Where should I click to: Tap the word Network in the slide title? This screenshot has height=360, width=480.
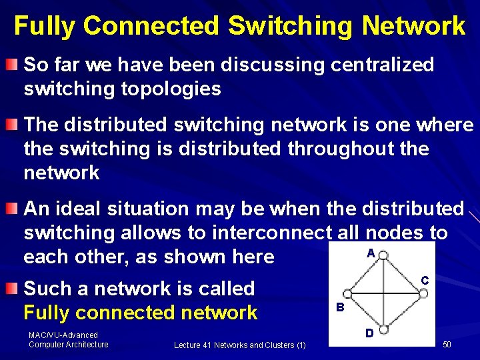pyautogui.click(x=413, y=26)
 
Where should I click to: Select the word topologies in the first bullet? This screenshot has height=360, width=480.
pyautogui.click(x=171, y=89)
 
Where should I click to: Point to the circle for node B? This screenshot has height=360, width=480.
pyautogui.click(x=347, y=294)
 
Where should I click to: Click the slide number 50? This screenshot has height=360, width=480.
pyautogui.click(x=447, y=344)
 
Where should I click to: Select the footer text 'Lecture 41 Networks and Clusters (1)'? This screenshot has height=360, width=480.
pyautogui.click(x=239, y=345)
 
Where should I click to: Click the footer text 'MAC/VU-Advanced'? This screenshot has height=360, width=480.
pyautogui.click(x=63, y=335)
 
